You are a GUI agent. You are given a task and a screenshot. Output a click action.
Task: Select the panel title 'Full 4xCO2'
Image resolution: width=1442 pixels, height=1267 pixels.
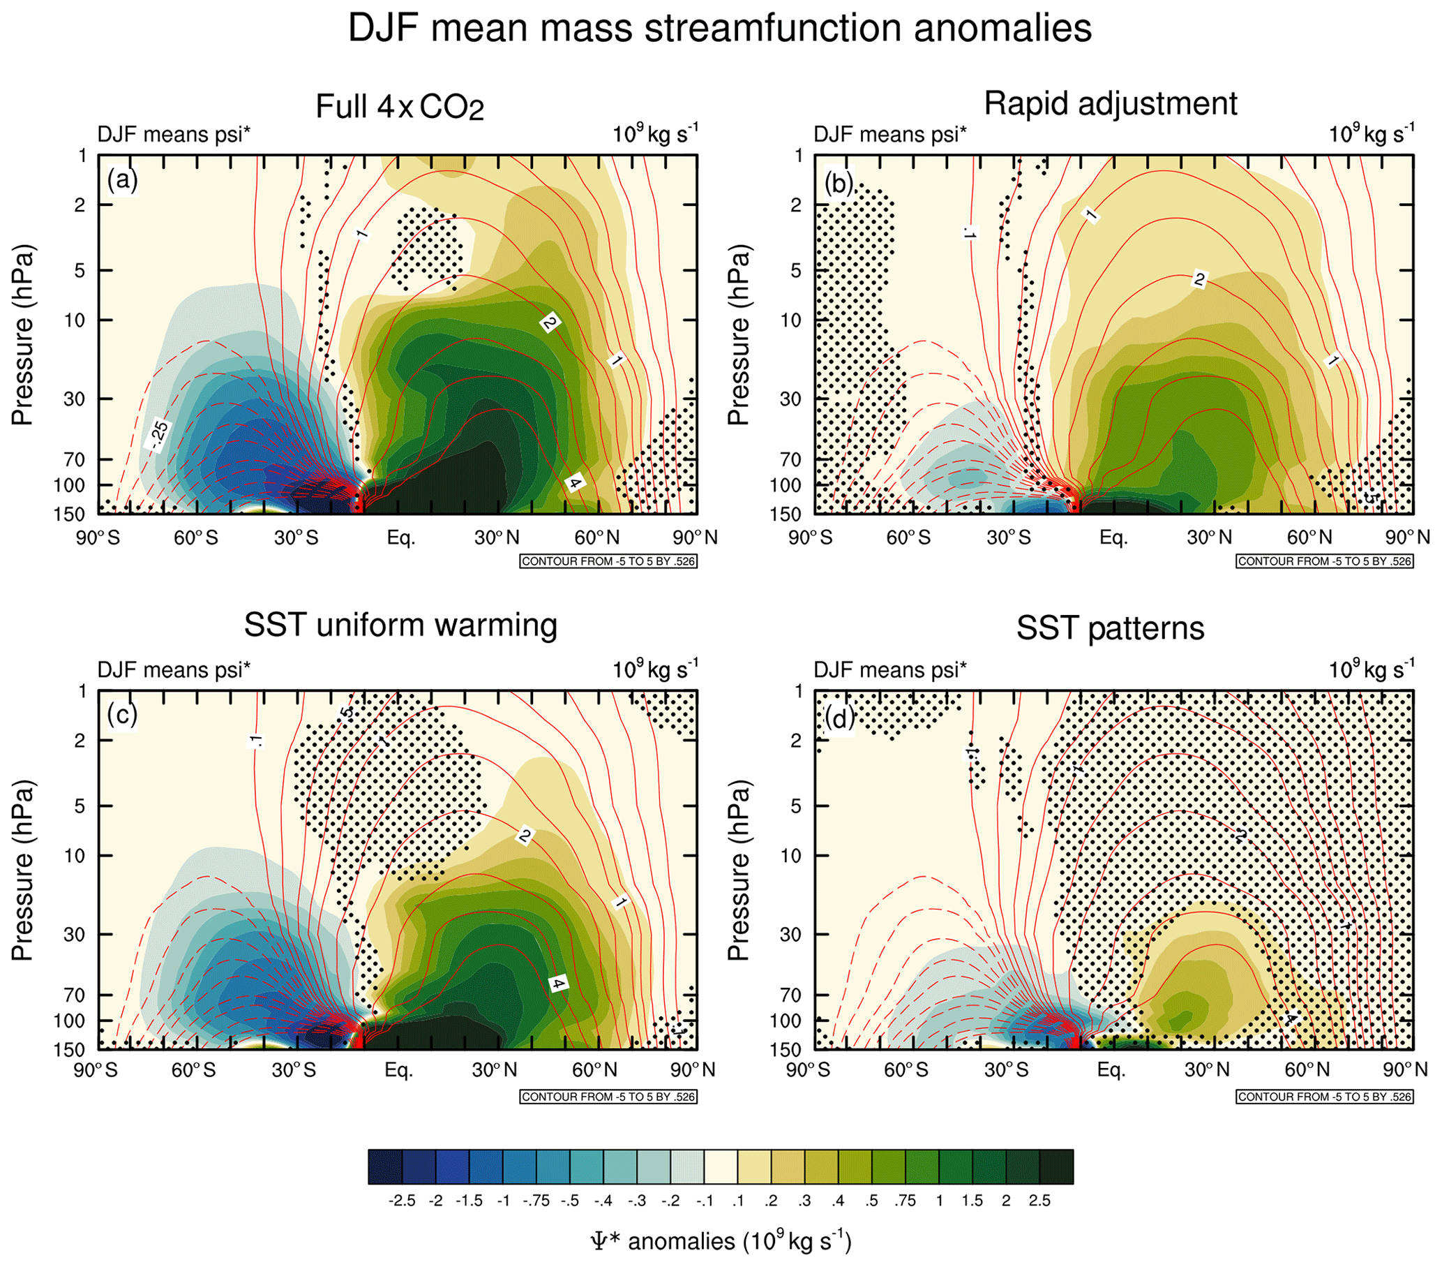[399, 108]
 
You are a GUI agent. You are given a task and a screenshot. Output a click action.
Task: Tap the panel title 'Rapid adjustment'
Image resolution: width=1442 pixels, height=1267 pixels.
[1110, 104]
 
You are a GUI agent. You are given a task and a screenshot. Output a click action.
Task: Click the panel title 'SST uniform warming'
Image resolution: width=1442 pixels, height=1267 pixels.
[400, 625]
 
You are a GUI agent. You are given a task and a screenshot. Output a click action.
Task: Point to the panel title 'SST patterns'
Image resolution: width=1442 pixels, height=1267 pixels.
[1110, 628]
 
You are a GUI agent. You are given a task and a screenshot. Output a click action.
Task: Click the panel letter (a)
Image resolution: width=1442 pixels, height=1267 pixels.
[123, 180]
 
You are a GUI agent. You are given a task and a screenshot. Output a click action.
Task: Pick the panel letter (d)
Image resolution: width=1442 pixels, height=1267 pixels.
[839, 718]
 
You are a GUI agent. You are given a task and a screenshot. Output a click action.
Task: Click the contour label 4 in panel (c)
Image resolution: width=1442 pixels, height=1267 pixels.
[559, 984]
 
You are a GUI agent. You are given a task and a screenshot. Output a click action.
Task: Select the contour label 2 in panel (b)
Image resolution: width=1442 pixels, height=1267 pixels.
[1199, 279]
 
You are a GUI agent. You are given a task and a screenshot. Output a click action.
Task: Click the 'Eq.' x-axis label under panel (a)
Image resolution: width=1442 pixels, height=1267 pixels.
[400, 538]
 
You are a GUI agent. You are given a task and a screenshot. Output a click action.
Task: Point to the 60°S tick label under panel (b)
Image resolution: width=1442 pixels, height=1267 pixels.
[908, 538]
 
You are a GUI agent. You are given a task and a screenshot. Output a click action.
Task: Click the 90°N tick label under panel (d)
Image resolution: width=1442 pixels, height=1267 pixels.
[1405, 1070]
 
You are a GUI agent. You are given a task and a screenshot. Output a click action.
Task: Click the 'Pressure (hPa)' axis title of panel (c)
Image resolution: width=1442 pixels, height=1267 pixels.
[22, 870]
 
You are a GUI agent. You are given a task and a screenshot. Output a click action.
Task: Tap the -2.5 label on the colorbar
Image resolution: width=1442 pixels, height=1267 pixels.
[401, 1201]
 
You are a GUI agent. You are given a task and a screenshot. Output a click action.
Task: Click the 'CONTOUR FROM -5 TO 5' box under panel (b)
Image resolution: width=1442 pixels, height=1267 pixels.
[1324, 561]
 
